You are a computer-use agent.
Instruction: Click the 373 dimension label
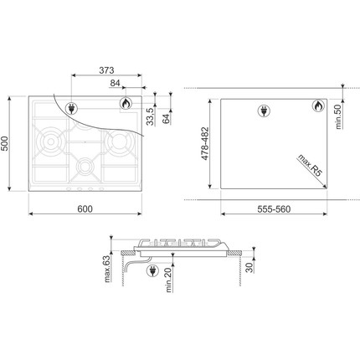pyautogui.click(x=106, y=70)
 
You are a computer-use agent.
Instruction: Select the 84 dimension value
pyautogui.click(x=115, y=83)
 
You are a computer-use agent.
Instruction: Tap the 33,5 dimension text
pyautogui.click(x=151, y=116)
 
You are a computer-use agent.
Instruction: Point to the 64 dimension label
pyautogui.click(x=166, y=119)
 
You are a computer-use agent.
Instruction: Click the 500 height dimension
pyautogui.click(x=5, y=144)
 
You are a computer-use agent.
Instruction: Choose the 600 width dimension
pyautogui.click(x=85, y=209)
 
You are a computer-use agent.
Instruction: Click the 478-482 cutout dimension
pyautogui.click(x=205, y=143)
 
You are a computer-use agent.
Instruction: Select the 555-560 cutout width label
pyautogui.click(x=274, y=209)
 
